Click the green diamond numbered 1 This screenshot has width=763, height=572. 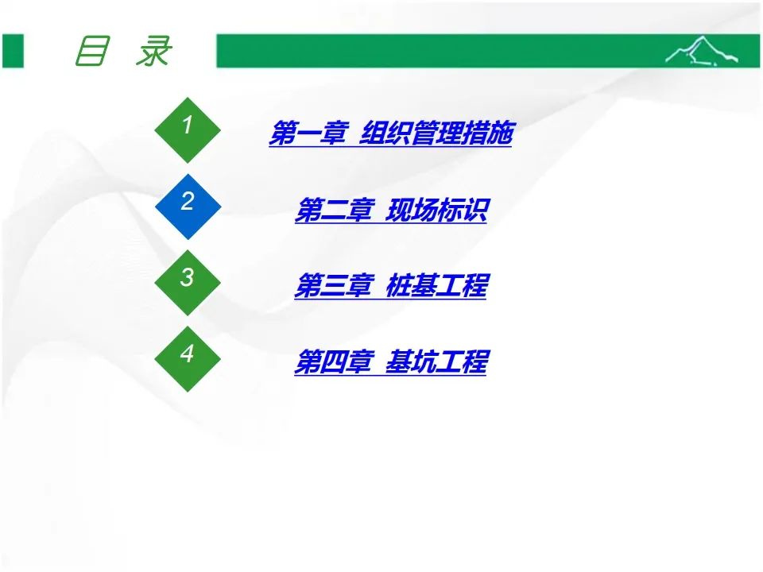(188, 129)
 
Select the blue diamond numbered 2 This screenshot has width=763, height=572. (188, 207)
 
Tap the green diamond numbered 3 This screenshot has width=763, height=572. (188, 283)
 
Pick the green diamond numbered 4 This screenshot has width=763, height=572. (188, 359)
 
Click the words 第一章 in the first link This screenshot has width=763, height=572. (309, 133)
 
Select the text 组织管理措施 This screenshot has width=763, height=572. (436, 133)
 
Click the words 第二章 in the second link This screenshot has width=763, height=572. (335, 210)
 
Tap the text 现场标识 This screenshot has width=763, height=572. (436, 210)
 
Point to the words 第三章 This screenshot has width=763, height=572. (335, 285)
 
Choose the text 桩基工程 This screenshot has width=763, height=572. (436, 285)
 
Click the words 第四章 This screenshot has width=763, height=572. (335, 362)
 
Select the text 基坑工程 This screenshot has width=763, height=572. (436, 362)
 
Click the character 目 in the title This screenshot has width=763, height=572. (92, 51)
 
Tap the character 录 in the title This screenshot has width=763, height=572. (154, 51)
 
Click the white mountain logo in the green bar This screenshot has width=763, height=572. (701, 50)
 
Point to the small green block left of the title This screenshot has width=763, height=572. (13, 51)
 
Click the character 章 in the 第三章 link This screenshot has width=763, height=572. (361, 285)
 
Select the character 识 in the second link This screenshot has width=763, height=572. (474, 210)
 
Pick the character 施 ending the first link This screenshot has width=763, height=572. (500, 133)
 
